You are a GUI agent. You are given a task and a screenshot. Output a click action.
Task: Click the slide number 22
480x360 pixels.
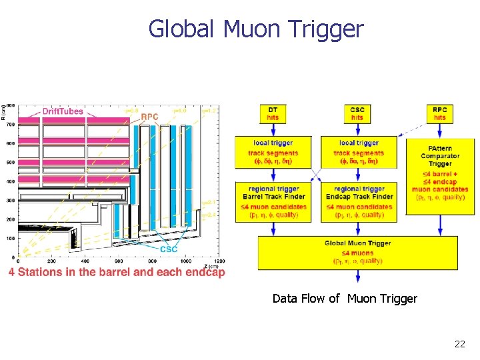pos(459,344)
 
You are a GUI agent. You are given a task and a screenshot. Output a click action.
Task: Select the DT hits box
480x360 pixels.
pos(273,113)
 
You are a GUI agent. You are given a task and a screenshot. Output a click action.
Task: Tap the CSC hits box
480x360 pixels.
pos(357,113)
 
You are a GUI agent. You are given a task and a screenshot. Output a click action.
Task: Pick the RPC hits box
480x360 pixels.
pos(440,113)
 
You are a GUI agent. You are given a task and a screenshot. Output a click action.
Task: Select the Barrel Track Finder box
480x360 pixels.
pos(273,201)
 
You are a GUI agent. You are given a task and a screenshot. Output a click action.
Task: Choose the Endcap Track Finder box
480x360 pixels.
pos(359,201)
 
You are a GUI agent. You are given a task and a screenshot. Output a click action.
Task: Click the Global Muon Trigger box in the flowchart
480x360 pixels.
pos(358,252)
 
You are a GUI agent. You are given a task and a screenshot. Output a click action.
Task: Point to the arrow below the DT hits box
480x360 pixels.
pos(273,129)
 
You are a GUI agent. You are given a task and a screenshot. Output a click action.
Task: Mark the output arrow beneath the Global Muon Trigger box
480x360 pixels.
pos(358,275)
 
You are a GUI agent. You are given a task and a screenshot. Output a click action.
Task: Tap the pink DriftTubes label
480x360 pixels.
pos(63,111)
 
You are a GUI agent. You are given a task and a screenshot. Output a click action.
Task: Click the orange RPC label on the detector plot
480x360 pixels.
pos(149,117)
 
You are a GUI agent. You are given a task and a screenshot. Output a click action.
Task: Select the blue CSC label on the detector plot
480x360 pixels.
pos(168,249)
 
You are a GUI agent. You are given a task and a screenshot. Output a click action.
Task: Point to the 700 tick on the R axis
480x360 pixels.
pos(10,124)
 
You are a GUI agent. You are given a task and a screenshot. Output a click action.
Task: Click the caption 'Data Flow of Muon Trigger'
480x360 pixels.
pos(345,299)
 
